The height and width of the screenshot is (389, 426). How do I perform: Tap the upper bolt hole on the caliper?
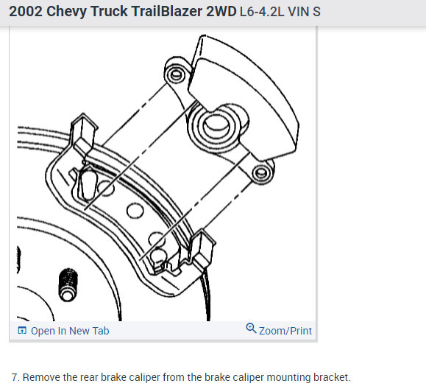click(x=174, y=74)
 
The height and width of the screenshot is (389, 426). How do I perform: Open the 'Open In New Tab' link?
click(x=70, y=331)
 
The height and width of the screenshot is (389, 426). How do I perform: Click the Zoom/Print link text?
click(x=285, y=331)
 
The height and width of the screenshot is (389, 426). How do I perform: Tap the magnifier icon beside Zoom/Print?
click(x=252, y=329)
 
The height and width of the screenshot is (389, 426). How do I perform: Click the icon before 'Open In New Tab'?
click(x=21, y=331)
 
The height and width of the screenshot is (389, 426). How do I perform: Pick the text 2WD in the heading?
click(x=220, y=13)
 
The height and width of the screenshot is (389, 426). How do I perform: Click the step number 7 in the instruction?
click(x=14, y=376)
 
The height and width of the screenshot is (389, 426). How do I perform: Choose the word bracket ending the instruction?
click(x=329, y=376)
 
